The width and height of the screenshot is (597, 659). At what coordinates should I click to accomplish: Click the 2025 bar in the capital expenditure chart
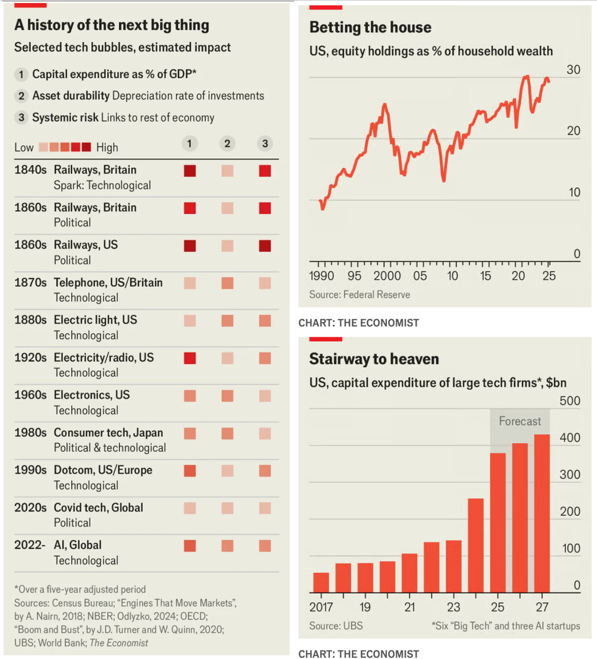coord(498,522)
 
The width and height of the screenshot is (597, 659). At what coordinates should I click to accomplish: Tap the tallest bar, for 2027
coord(542,513)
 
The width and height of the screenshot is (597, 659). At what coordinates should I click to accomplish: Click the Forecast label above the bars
coord(520,421)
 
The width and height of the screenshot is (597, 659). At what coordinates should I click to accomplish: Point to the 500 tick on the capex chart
coord(570,401)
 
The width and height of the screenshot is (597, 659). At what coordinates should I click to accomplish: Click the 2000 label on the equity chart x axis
coord(387,276)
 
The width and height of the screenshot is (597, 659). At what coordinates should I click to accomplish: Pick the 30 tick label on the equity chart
coord(573,70)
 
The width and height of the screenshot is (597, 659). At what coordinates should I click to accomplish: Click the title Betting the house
coord(370,27)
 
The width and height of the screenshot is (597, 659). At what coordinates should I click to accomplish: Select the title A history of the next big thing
coord(112,25)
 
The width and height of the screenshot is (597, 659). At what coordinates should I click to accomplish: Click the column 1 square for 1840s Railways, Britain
coord(190,171)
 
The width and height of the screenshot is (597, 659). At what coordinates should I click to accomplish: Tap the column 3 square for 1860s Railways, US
coord(265,246)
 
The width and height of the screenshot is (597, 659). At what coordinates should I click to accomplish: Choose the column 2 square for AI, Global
coord(227,546)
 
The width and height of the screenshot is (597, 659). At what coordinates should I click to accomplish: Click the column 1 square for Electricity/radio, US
coord(190,358)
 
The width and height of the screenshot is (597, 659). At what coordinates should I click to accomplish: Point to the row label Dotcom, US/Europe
coord(103,470)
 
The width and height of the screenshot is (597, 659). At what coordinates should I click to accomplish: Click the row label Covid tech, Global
coord(98,507)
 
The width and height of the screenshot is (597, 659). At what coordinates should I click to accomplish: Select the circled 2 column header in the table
coord(227,144)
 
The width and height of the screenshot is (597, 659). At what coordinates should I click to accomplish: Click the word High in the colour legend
coord(107,148)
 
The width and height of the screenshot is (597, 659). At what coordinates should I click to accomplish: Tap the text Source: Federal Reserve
coord(359,295)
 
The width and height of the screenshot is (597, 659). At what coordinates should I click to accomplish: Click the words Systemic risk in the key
coord(65,118)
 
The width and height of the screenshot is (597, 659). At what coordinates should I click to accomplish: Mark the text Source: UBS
coord(336,626)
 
